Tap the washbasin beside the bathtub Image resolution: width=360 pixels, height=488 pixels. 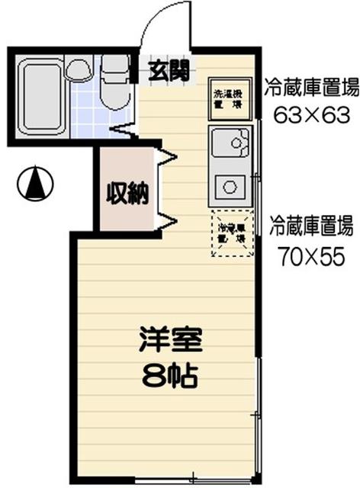coord(79,69)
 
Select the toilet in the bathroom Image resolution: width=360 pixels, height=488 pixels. coord(114,80)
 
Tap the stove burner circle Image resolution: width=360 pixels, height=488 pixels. coord(229,184)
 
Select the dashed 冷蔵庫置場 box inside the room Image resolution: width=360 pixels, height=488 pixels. coord(229,231)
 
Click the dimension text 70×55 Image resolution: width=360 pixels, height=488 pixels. coord(311,257)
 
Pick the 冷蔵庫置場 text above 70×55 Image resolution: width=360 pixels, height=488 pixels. coord(311,226)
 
